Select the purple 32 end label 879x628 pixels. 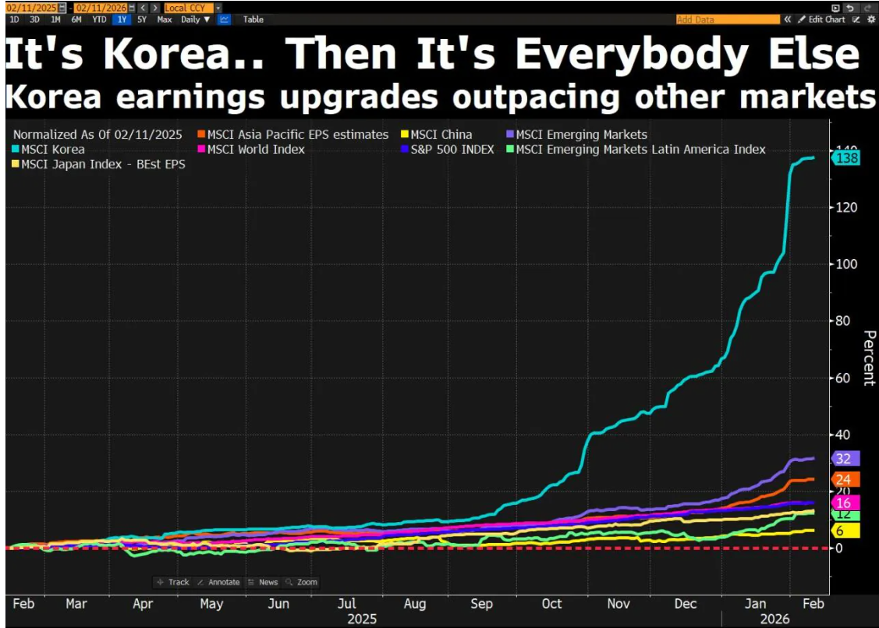(845, 458)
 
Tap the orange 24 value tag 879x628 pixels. (845, 479)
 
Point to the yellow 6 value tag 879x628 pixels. (845, 530)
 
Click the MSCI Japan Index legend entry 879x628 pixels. (99, 164)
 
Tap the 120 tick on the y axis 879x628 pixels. (843, 207)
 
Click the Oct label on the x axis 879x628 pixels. (551, 603)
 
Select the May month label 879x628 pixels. (211, 603)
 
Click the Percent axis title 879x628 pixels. (867, 358)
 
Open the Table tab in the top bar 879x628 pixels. (253, 20)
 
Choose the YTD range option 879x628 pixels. (99, 20)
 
